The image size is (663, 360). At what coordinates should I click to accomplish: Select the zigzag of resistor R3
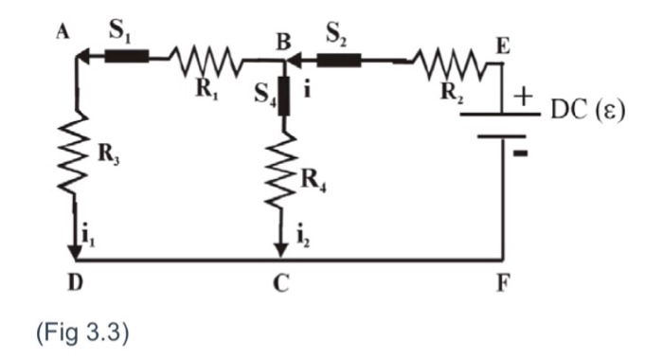pos(77,152)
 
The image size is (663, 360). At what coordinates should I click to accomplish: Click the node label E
pos(503,44)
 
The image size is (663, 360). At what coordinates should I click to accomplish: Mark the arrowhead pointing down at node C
pos(281,251)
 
